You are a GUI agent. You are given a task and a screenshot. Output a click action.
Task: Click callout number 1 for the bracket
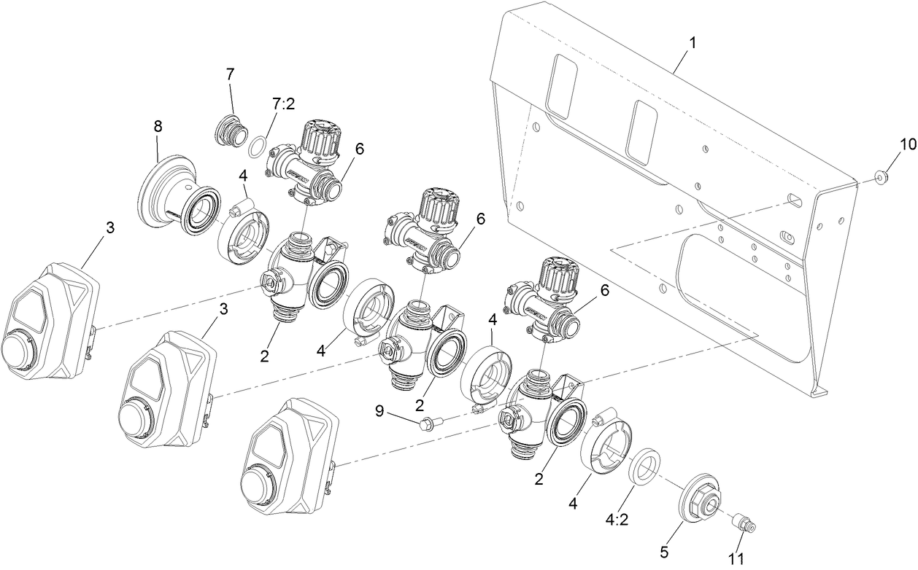click(x=693, y=42)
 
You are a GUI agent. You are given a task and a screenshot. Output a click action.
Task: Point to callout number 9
click(x=379, y=410)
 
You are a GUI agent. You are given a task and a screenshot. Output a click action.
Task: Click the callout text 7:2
click(x=282, y=104)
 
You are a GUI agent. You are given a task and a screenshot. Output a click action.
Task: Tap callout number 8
click(x=157, y=125)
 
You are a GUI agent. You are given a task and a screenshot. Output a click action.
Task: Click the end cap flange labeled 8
click(x=164, y=191)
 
